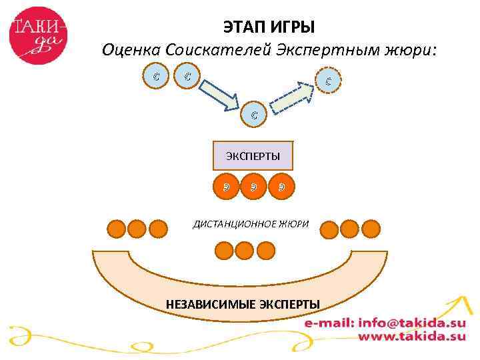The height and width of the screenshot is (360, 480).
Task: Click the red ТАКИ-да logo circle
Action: click(39, 34)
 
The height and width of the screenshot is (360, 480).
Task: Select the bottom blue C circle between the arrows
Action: click(255, 115)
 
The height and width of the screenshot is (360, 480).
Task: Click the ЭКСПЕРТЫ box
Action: click(253, 155)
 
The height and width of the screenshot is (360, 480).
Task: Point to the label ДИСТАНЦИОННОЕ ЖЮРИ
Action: click(251, 224)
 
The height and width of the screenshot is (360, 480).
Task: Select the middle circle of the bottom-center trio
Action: click(245, 250)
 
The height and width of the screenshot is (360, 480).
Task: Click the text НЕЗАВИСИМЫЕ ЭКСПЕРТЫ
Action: click(243, 305)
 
